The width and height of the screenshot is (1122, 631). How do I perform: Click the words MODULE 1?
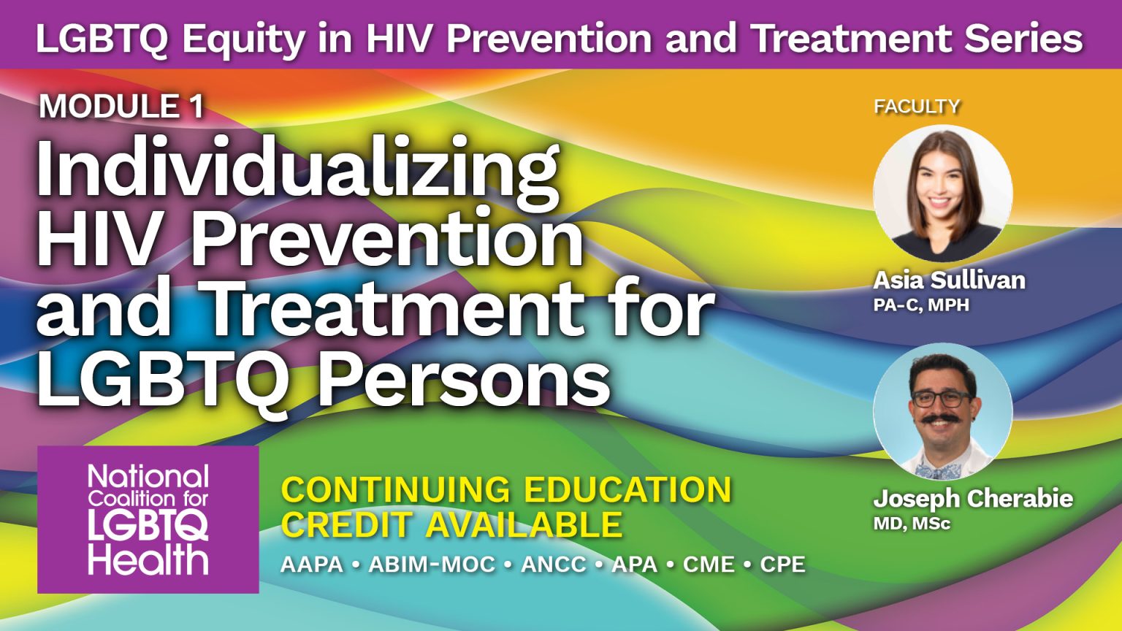[121, 107]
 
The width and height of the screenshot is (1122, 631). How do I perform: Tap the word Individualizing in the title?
[298, 169]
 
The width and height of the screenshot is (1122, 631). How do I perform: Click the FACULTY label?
[917, 107]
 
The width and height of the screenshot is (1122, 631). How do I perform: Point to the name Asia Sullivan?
[949, 280]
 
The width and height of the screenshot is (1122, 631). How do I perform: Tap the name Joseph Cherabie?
[972, 499]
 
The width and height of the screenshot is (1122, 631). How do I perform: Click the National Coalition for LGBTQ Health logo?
[148, 519]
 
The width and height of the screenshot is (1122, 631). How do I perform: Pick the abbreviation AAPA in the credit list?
[312, 565]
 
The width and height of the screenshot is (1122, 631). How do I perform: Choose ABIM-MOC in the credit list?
[432, 565]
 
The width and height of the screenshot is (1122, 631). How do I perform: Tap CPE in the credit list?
[782, 565]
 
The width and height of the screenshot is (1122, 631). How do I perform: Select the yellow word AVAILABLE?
[524, 524]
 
